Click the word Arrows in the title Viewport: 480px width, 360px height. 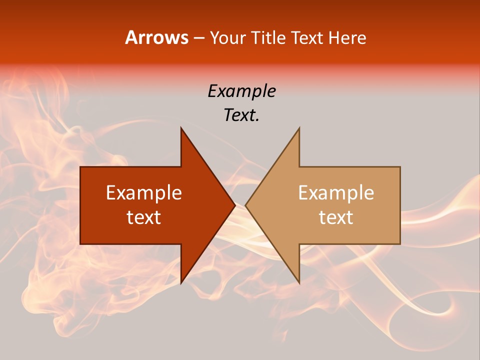point(157,37)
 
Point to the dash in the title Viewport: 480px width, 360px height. point(198,38)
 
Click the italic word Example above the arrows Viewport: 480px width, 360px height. point(241,91)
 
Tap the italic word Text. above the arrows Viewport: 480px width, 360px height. point(241,115)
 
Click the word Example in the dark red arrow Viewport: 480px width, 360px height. point(144,193)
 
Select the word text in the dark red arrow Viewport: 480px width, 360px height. point(144,217)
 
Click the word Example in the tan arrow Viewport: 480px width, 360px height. point(336,193)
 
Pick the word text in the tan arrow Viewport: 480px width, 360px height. point(336,217)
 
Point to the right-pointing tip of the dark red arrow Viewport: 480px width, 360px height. point(235,205)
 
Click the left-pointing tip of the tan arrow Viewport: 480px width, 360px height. point(245,205)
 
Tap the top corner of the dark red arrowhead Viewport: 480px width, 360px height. point(181,128)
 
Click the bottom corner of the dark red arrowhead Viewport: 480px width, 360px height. point(181,283)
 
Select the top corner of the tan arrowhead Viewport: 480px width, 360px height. point(299,128)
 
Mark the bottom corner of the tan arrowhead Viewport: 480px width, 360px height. point(299,283)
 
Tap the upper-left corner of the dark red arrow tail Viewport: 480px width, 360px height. point(80,167)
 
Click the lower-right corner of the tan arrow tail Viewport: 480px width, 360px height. point(400,243)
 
